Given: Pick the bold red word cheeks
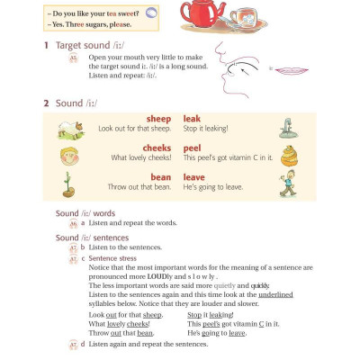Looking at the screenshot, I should pyautogui.click(x=157, y=148).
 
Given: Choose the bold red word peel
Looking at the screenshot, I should pyautogui.click(x=192, y=148).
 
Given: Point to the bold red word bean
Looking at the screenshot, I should pyautogui.click(x=160, y=177).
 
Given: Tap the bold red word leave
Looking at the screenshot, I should pyautogui.click(x=193, y=177).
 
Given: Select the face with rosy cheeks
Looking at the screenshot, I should pyautogui.click(x=67, y=155).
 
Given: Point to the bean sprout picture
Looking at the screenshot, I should pyautogui.click(x=67, y=184).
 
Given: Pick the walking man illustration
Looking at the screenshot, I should pyautogui.click(x=287, y=184).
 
